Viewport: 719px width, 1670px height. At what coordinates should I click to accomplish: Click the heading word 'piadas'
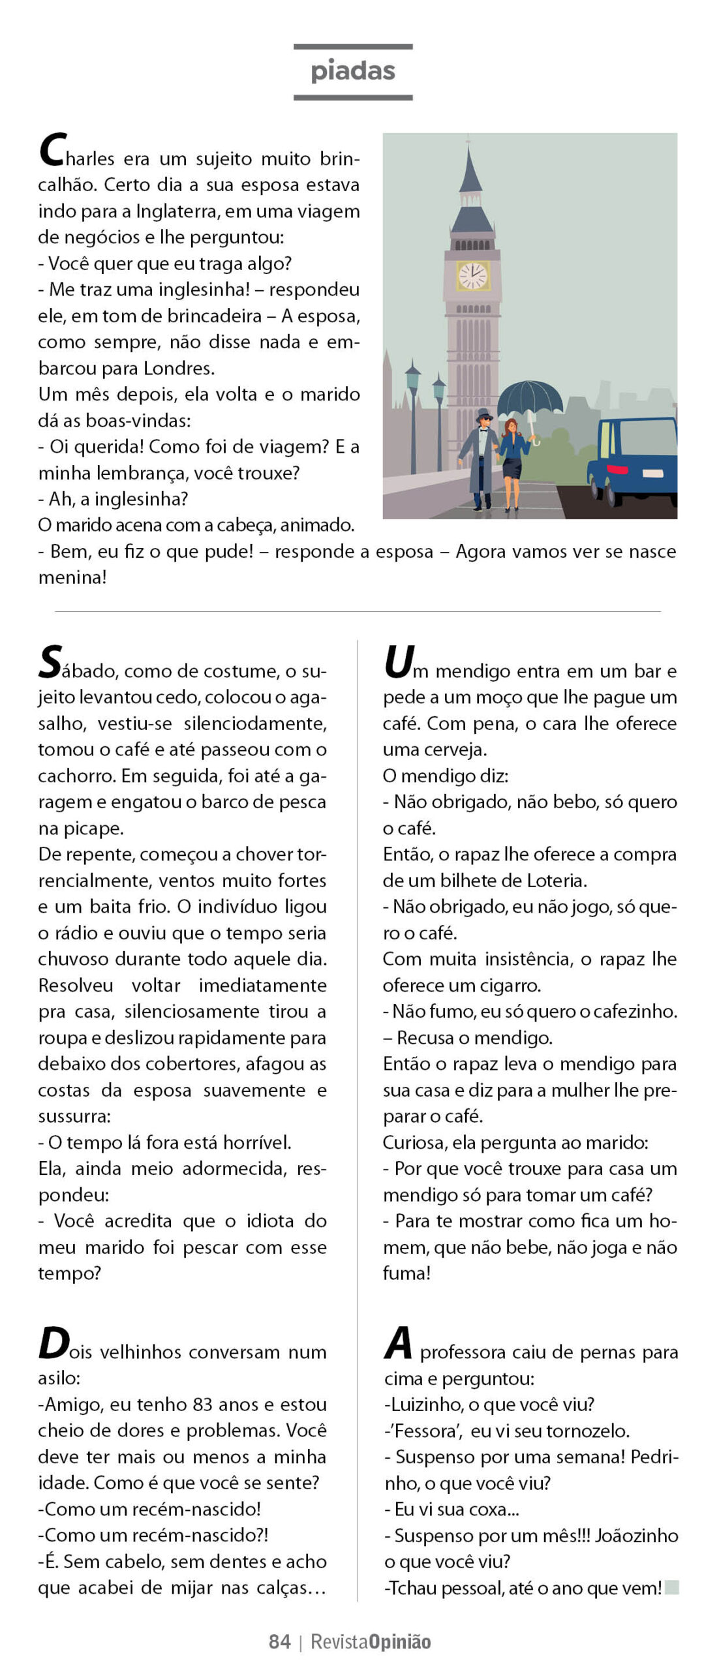point(353,71)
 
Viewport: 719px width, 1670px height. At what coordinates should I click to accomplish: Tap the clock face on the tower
point(472,275)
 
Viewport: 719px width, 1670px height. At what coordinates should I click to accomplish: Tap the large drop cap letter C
point(52,151)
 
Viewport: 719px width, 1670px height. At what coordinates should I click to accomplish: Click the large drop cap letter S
point(51,662)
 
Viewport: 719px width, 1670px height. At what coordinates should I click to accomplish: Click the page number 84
point(279,1641)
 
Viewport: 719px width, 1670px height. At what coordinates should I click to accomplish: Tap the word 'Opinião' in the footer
point(400,1641)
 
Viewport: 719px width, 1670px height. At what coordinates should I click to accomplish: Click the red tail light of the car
point(617,470)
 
